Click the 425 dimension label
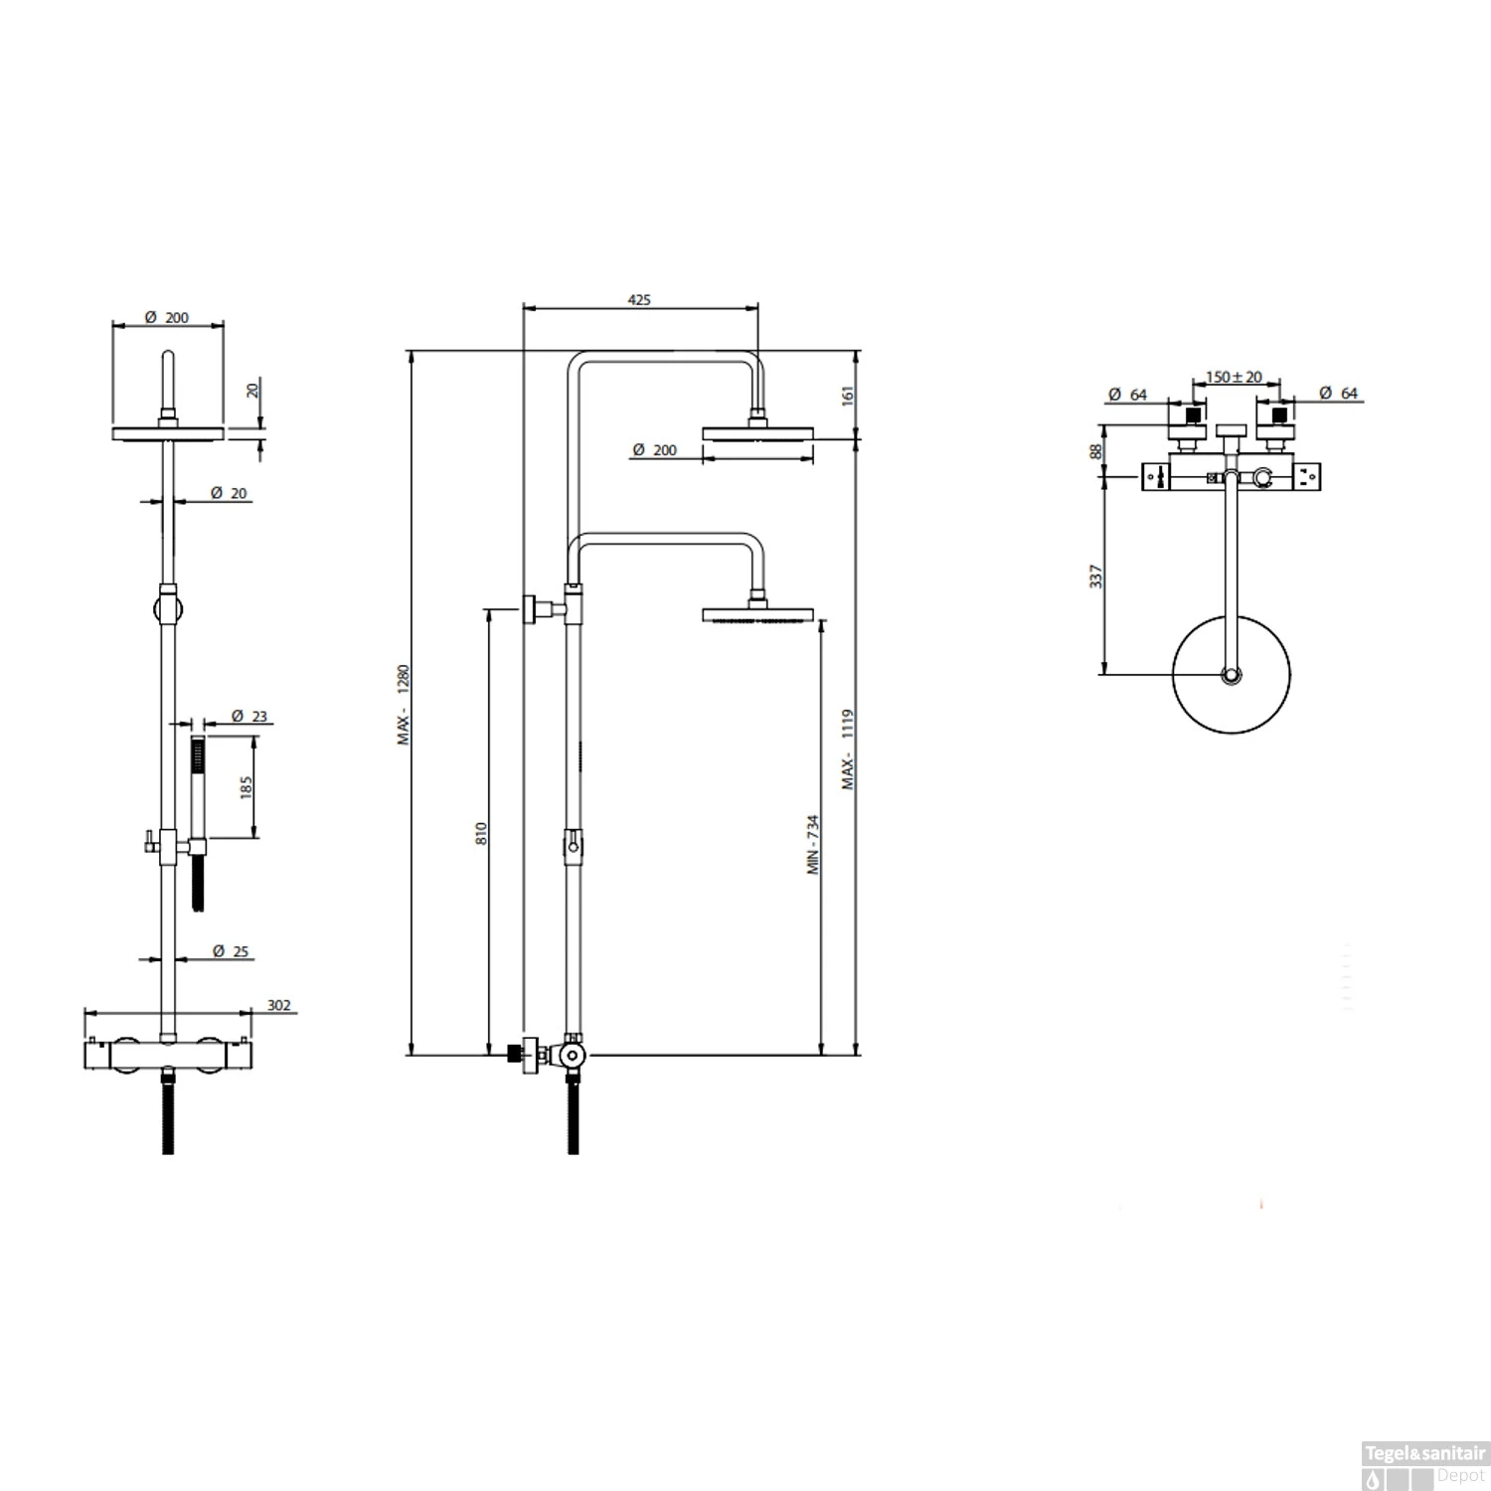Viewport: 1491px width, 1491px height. click(639, 299)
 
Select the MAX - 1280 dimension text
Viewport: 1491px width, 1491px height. click(404, 705)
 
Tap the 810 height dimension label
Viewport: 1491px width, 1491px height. click(481, 832)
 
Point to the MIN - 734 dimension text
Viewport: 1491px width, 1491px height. click(812, 844)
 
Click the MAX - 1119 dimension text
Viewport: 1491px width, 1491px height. click(847, 748)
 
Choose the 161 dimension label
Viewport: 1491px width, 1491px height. click(847, 395)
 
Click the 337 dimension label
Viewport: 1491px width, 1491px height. click(1095, 576)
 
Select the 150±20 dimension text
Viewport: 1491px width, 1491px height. click(1234, 377)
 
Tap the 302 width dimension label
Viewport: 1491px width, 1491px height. click(279, 1005)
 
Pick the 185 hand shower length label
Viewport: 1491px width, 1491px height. click(247, 785)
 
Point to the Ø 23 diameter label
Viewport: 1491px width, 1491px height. click(248, 716)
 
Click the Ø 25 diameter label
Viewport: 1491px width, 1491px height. click(231, 951)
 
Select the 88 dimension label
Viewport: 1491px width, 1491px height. click(1095, 450)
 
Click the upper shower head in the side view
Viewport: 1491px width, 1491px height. click(758, 432)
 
